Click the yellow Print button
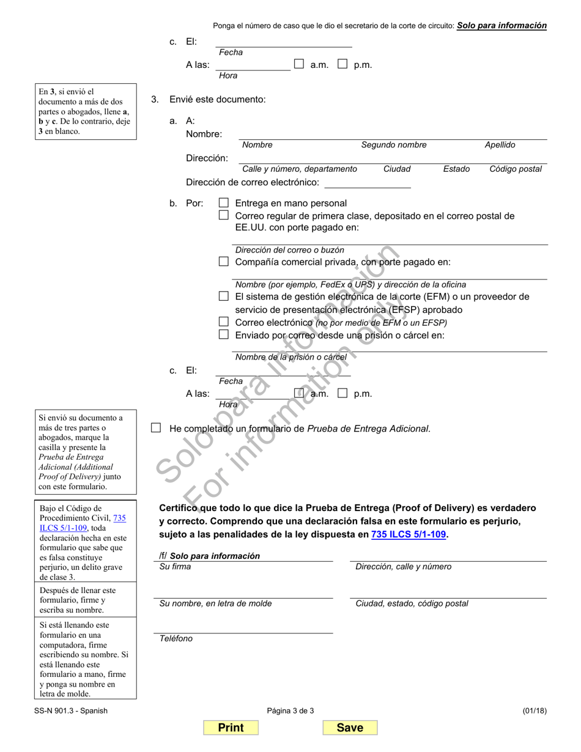[x=231, y=728]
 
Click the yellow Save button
[x=350, y=728]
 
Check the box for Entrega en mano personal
[x=224, y=202]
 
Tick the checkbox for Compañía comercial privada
[x=224, y=262]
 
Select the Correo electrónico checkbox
[x=224, y=322]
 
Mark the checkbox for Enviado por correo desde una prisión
[x=224, y=334]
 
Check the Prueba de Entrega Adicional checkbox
[x=156, y=428]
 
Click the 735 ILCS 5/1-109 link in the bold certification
[x=409, y=534]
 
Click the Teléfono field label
[x=176, y=638]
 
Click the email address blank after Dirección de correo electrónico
[x=367, y=182]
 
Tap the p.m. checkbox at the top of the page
[x=343, y=64]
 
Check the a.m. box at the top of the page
[x=299, y=64]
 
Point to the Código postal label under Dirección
[x=515, y=169]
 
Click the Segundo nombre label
[x=393, y=145]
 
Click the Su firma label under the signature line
[x=174, y=567]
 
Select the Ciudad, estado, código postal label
[x=412, y=603]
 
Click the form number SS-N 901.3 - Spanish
[x=72, y=710]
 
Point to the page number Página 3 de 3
[x=290, y=710]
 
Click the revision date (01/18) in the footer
[x=535, y=710]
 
